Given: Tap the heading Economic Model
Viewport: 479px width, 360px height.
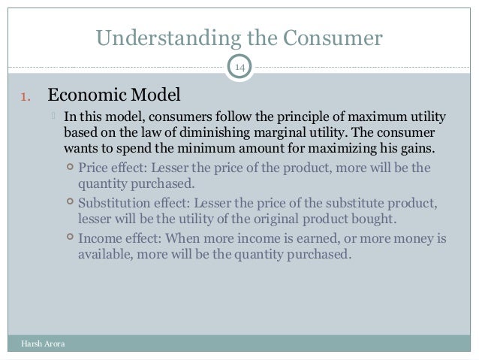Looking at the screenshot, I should (x=114, y=96).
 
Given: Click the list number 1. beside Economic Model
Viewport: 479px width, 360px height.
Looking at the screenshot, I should (x=24, y=97).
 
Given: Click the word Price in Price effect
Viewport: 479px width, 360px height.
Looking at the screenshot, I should (x=95, y=168).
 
